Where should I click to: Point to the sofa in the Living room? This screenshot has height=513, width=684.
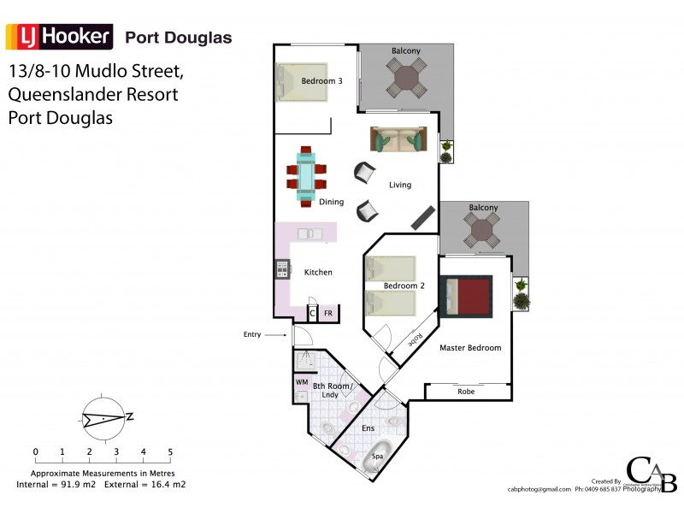(x=398, y=139)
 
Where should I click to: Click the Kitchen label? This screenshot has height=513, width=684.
(x=318, y=272)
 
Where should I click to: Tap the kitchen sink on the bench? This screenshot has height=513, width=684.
(x=309, y=233)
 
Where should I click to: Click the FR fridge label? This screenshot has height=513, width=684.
(x=327, y=314)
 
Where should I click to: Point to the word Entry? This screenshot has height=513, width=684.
(x=252, y=334)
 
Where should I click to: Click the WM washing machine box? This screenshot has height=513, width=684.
(x=301, y=381)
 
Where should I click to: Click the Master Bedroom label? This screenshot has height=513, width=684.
(x=470, y=348)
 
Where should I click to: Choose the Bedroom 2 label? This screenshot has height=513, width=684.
(x=404, y=286)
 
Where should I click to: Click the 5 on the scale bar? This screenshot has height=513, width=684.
(x=170, y=451)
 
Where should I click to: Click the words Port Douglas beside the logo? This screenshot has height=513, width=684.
(x=178, y=38)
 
